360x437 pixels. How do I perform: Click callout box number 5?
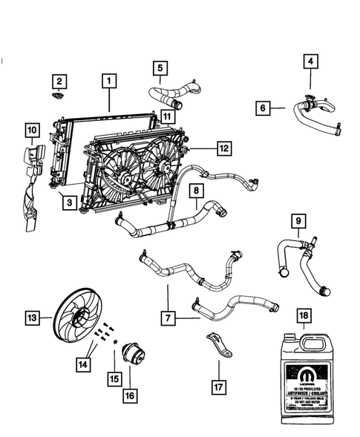click(160, 70)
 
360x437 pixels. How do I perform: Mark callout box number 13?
click(32, 318)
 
